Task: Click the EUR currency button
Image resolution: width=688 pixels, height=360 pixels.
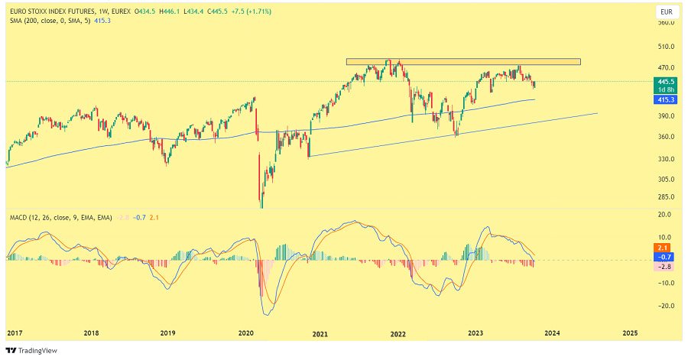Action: [667, 12]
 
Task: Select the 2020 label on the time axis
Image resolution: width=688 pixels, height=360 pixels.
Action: [245, 334]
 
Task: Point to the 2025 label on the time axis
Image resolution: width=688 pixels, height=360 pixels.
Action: [631, 334]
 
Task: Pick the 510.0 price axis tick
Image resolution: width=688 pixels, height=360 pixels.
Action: [667, 46]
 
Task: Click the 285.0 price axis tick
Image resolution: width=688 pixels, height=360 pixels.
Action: [667, 196]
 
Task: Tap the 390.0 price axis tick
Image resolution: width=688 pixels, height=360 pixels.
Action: [667, 116]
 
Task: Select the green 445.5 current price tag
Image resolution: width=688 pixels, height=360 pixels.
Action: [664, 81]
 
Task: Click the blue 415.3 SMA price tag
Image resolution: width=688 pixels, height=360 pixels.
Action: [664, 99]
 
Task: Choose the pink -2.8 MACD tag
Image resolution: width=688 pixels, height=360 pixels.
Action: [664, 267]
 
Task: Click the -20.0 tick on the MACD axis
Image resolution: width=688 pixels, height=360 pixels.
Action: [667, 306]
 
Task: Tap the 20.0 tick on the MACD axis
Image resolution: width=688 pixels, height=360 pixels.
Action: [667, 216]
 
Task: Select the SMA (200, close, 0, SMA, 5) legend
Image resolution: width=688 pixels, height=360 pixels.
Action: [50, 21]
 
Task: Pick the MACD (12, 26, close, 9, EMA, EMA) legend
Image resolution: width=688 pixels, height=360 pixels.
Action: [60, 218]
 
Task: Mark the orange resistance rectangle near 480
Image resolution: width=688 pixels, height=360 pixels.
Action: [463, 61]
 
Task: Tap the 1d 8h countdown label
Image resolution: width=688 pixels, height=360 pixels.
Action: [664, 89]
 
